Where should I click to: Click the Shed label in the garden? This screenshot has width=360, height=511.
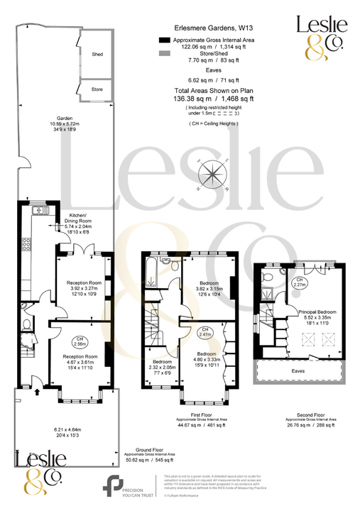(97, 54)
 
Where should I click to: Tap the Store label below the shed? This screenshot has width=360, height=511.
(97, 89)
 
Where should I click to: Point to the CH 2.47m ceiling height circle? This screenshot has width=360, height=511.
(204, 331)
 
